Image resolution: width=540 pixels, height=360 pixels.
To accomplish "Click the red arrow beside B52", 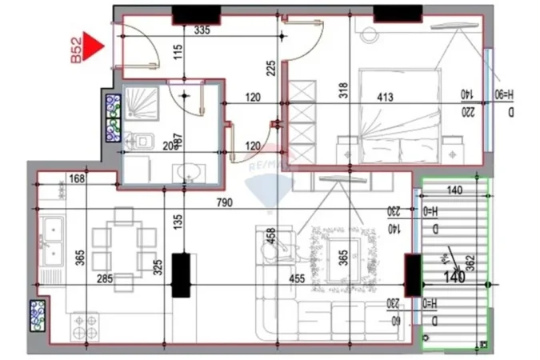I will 95,46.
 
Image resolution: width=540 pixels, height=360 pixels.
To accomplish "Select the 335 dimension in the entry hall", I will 202,30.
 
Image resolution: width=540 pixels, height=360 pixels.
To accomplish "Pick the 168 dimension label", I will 78,178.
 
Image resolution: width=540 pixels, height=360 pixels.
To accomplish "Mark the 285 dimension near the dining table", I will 104,280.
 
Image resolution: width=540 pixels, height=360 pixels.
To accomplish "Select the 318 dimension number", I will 344,90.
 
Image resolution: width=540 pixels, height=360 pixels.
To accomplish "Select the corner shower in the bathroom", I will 140,102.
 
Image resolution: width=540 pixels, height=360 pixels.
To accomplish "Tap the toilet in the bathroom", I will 142,142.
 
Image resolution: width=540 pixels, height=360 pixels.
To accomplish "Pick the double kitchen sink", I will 52,240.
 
